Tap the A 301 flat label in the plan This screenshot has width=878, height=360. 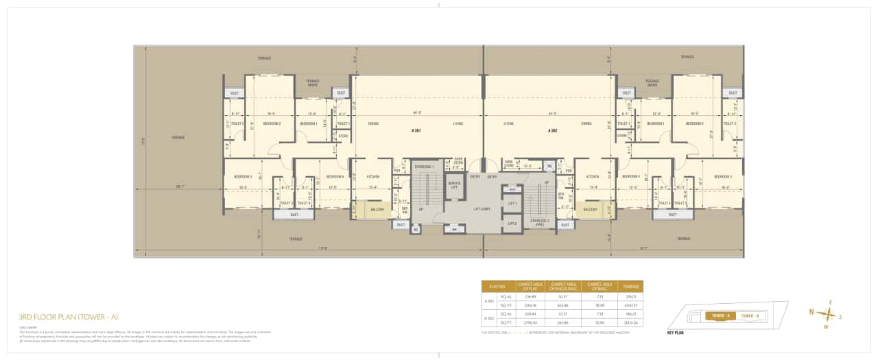[416, 130]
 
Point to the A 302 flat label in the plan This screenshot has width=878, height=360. [552, 130]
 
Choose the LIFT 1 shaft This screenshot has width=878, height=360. [511, 204]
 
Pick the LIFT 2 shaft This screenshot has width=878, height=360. [511, 224]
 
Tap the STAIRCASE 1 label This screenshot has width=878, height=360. [423, 167]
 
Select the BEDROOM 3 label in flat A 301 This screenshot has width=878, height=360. [242, 176]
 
